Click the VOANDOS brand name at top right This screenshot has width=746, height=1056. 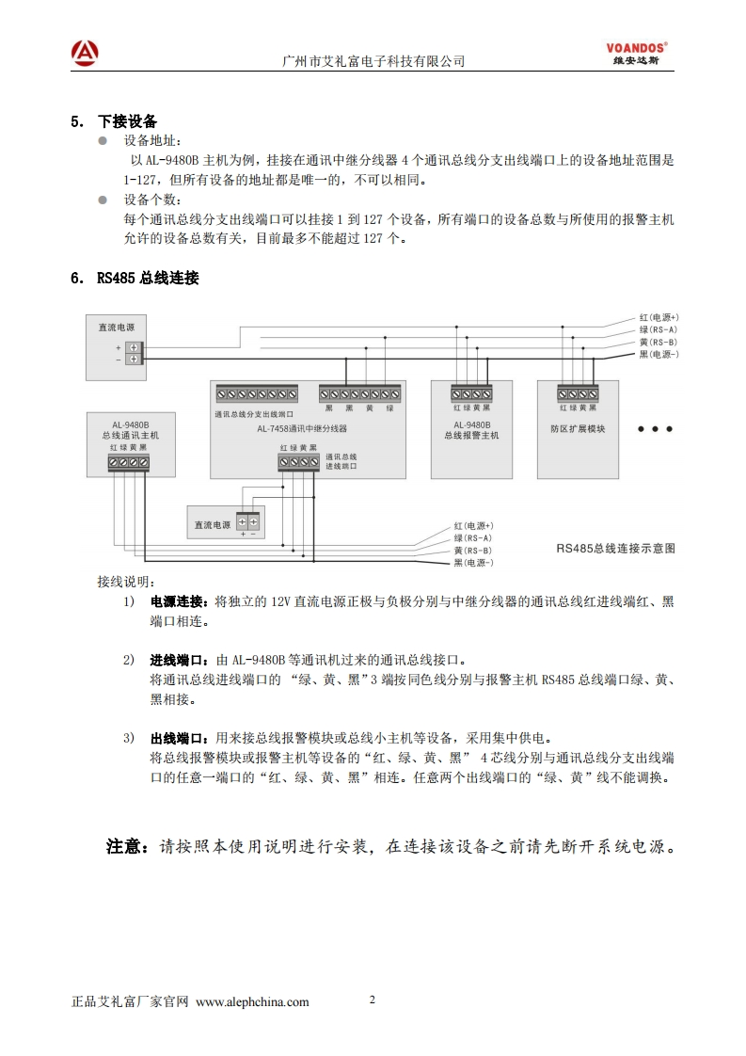[x=636, y=45]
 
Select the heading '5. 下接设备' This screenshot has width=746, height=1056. [x=114, y=121]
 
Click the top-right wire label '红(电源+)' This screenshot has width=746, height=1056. [x=659, y=317]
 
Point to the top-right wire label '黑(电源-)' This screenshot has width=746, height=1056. [x=659, y=354]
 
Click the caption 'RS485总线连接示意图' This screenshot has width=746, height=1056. [x=615, y=548]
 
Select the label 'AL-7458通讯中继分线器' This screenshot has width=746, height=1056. [x=302, y=428]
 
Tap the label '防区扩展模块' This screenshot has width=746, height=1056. [x=578, y=428]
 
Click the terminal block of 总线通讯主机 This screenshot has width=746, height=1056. [x=128, y=462]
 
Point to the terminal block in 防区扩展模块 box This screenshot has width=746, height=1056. [x=578, y=393]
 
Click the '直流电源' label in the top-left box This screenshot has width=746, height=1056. [x=116, y=328]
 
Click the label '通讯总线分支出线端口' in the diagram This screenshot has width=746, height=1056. [x=254, y=413]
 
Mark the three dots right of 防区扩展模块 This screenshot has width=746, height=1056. [x=655, y=428]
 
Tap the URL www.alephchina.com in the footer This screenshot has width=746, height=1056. [x=252, y=1001]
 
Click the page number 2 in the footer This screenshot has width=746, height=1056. [x=373, y=1000]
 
